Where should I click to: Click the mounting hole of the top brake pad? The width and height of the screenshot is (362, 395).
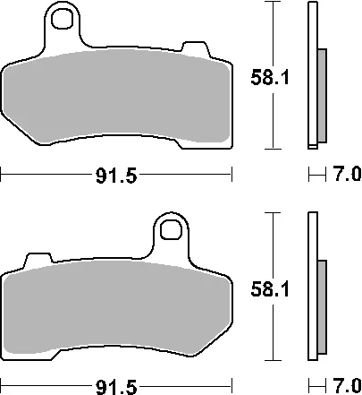pyautogui.click(x=62, y=19)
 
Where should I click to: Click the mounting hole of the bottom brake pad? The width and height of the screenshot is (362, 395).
pyautogui.click(x=171, y=230)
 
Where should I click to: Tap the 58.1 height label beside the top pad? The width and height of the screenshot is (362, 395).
pyautogui.click(x=270, y=77)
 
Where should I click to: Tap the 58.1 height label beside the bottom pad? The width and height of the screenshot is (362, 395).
pyautogui.click(x=270, y=289)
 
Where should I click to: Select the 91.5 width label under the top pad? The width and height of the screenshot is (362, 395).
pyautogui.click(x=116, y=176)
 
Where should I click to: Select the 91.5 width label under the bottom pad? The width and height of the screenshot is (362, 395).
pyautogui.click(x=116, y=387)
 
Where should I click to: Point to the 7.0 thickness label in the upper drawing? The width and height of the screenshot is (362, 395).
pyautogui.click(x=347, y=174)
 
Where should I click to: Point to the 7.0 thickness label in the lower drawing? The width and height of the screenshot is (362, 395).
pyautogui.click(x=347, y=386)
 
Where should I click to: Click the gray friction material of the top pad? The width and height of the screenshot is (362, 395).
pyautogui.click(x=116, y=96)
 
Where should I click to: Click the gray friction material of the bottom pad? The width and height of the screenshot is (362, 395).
pyautogui.click(x=116, y=307)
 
